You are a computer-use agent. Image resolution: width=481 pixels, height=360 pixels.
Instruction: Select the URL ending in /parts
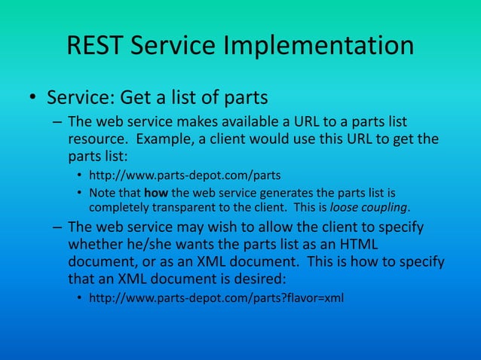(x=185, y=175)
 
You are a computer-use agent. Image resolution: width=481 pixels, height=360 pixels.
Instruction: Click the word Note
(x=103, y=192)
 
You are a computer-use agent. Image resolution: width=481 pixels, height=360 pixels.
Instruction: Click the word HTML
(x=359, y=245)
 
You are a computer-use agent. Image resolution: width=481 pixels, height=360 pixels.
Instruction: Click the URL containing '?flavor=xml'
(x=216, y=298)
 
